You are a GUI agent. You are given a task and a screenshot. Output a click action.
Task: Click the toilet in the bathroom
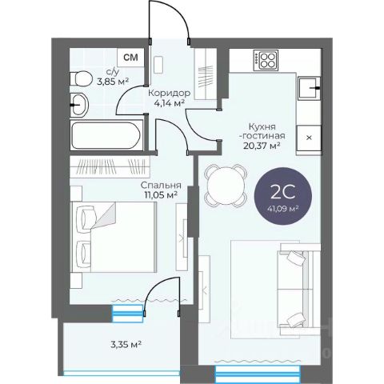pos(79,78)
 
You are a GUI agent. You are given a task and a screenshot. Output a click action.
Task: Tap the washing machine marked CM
pos(131,58)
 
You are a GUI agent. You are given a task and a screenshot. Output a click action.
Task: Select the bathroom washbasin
pos(79,105)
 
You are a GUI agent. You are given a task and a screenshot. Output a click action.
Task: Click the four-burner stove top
pos(266,61)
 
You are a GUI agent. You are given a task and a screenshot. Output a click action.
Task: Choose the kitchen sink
pos(309,88)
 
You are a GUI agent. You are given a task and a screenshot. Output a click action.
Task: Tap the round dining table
pos(226,186)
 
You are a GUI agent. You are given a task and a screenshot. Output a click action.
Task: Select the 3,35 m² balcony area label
pos(126,344)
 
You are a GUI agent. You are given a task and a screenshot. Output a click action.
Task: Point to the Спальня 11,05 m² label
pos(161,190)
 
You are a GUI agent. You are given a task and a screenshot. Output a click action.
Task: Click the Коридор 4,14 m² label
pos(170,98)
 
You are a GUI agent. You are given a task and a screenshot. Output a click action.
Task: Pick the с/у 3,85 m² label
pos(113,78)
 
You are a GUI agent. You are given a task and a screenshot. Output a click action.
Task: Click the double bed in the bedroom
pos(113,237)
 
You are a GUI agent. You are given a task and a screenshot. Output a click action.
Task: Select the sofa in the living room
pos(299,289)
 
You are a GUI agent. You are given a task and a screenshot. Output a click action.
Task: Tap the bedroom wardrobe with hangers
pos(110,166)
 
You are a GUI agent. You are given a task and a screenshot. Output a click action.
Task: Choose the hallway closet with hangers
pos(205,74)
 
